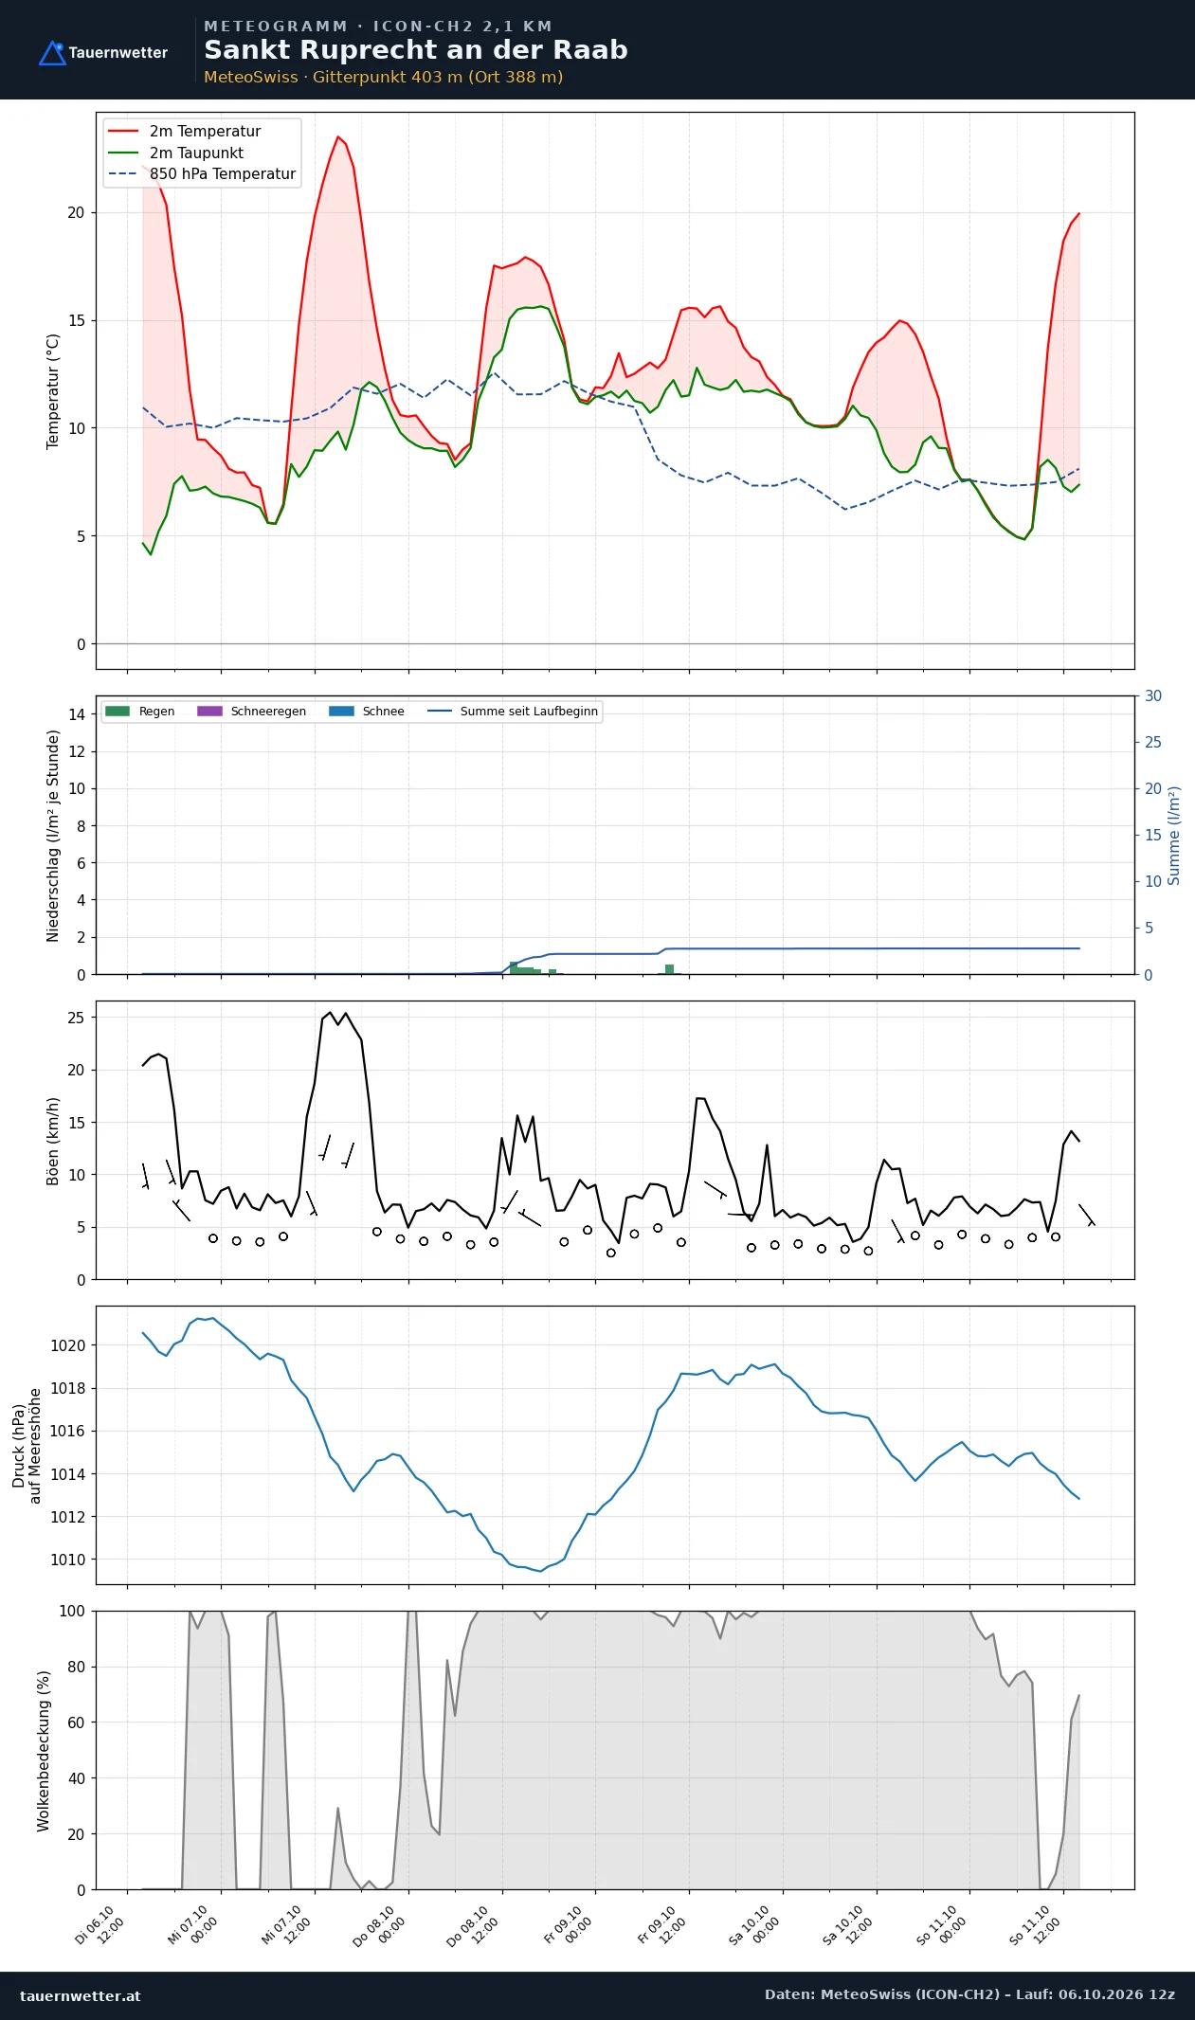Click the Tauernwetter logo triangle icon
click(52, 53)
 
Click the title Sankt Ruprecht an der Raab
click(416, 50)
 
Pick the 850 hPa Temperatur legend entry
click(202, 174)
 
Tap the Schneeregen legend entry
click(251, 712)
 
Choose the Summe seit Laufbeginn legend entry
click(513, 712)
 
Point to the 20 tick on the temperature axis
click(76, 212)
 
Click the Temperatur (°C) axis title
click(53, 391)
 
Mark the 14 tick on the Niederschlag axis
click(76, 714)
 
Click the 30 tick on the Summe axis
click(1153, 696)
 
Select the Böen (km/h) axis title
click(53, 1141)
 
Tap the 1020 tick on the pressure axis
click(67, 1345)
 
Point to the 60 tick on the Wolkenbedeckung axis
click(76, 1722)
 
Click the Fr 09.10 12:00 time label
click(661, 1925)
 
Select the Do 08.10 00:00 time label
click(381, 1925)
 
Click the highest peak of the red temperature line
click(337, 136)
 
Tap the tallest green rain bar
click(514, 968)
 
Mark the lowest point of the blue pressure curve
click(541, 1572)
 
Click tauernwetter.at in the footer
click(81, 1995)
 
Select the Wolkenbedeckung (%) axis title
click(44, 1751)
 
